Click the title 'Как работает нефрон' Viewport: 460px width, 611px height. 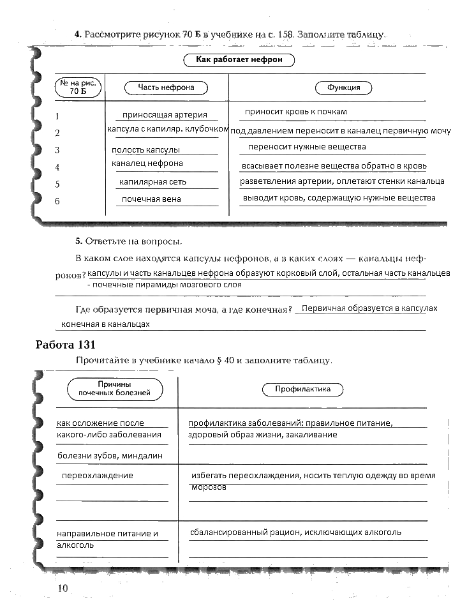tap(240, 60)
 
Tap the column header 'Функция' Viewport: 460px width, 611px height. tap(343, 87)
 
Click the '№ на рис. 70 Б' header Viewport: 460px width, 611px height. tap(73, 87)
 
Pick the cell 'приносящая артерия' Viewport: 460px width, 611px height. tap(165, 115)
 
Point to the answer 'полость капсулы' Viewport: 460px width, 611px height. tap(145, 150)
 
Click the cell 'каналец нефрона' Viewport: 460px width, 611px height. tap(147, 163)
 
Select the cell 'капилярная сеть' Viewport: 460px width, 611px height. tap(152, 182)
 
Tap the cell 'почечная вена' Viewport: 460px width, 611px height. tap(151, 199)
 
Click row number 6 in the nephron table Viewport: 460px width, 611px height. tap(57, 202)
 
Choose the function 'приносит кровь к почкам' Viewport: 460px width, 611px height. tap(295, 112)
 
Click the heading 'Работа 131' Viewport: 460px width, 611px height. tap(66, 345)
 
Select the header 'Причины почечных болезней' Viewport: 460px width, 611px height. tap(114, 389)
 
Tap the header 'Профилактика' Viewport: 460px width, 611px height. tap(302, 389)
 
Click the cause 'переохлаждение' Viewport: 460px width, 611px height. tap(97, 476)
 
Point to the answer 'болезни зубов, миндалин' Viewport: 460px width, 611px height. tap(110, 456)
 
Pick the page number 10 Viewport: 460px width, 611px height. tap(62, 587)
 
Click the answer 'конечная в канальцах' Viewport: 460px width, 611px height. tap(106, 324)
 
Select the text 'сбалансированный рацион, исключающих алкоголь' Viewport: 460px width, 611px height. tap(295, 532)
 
